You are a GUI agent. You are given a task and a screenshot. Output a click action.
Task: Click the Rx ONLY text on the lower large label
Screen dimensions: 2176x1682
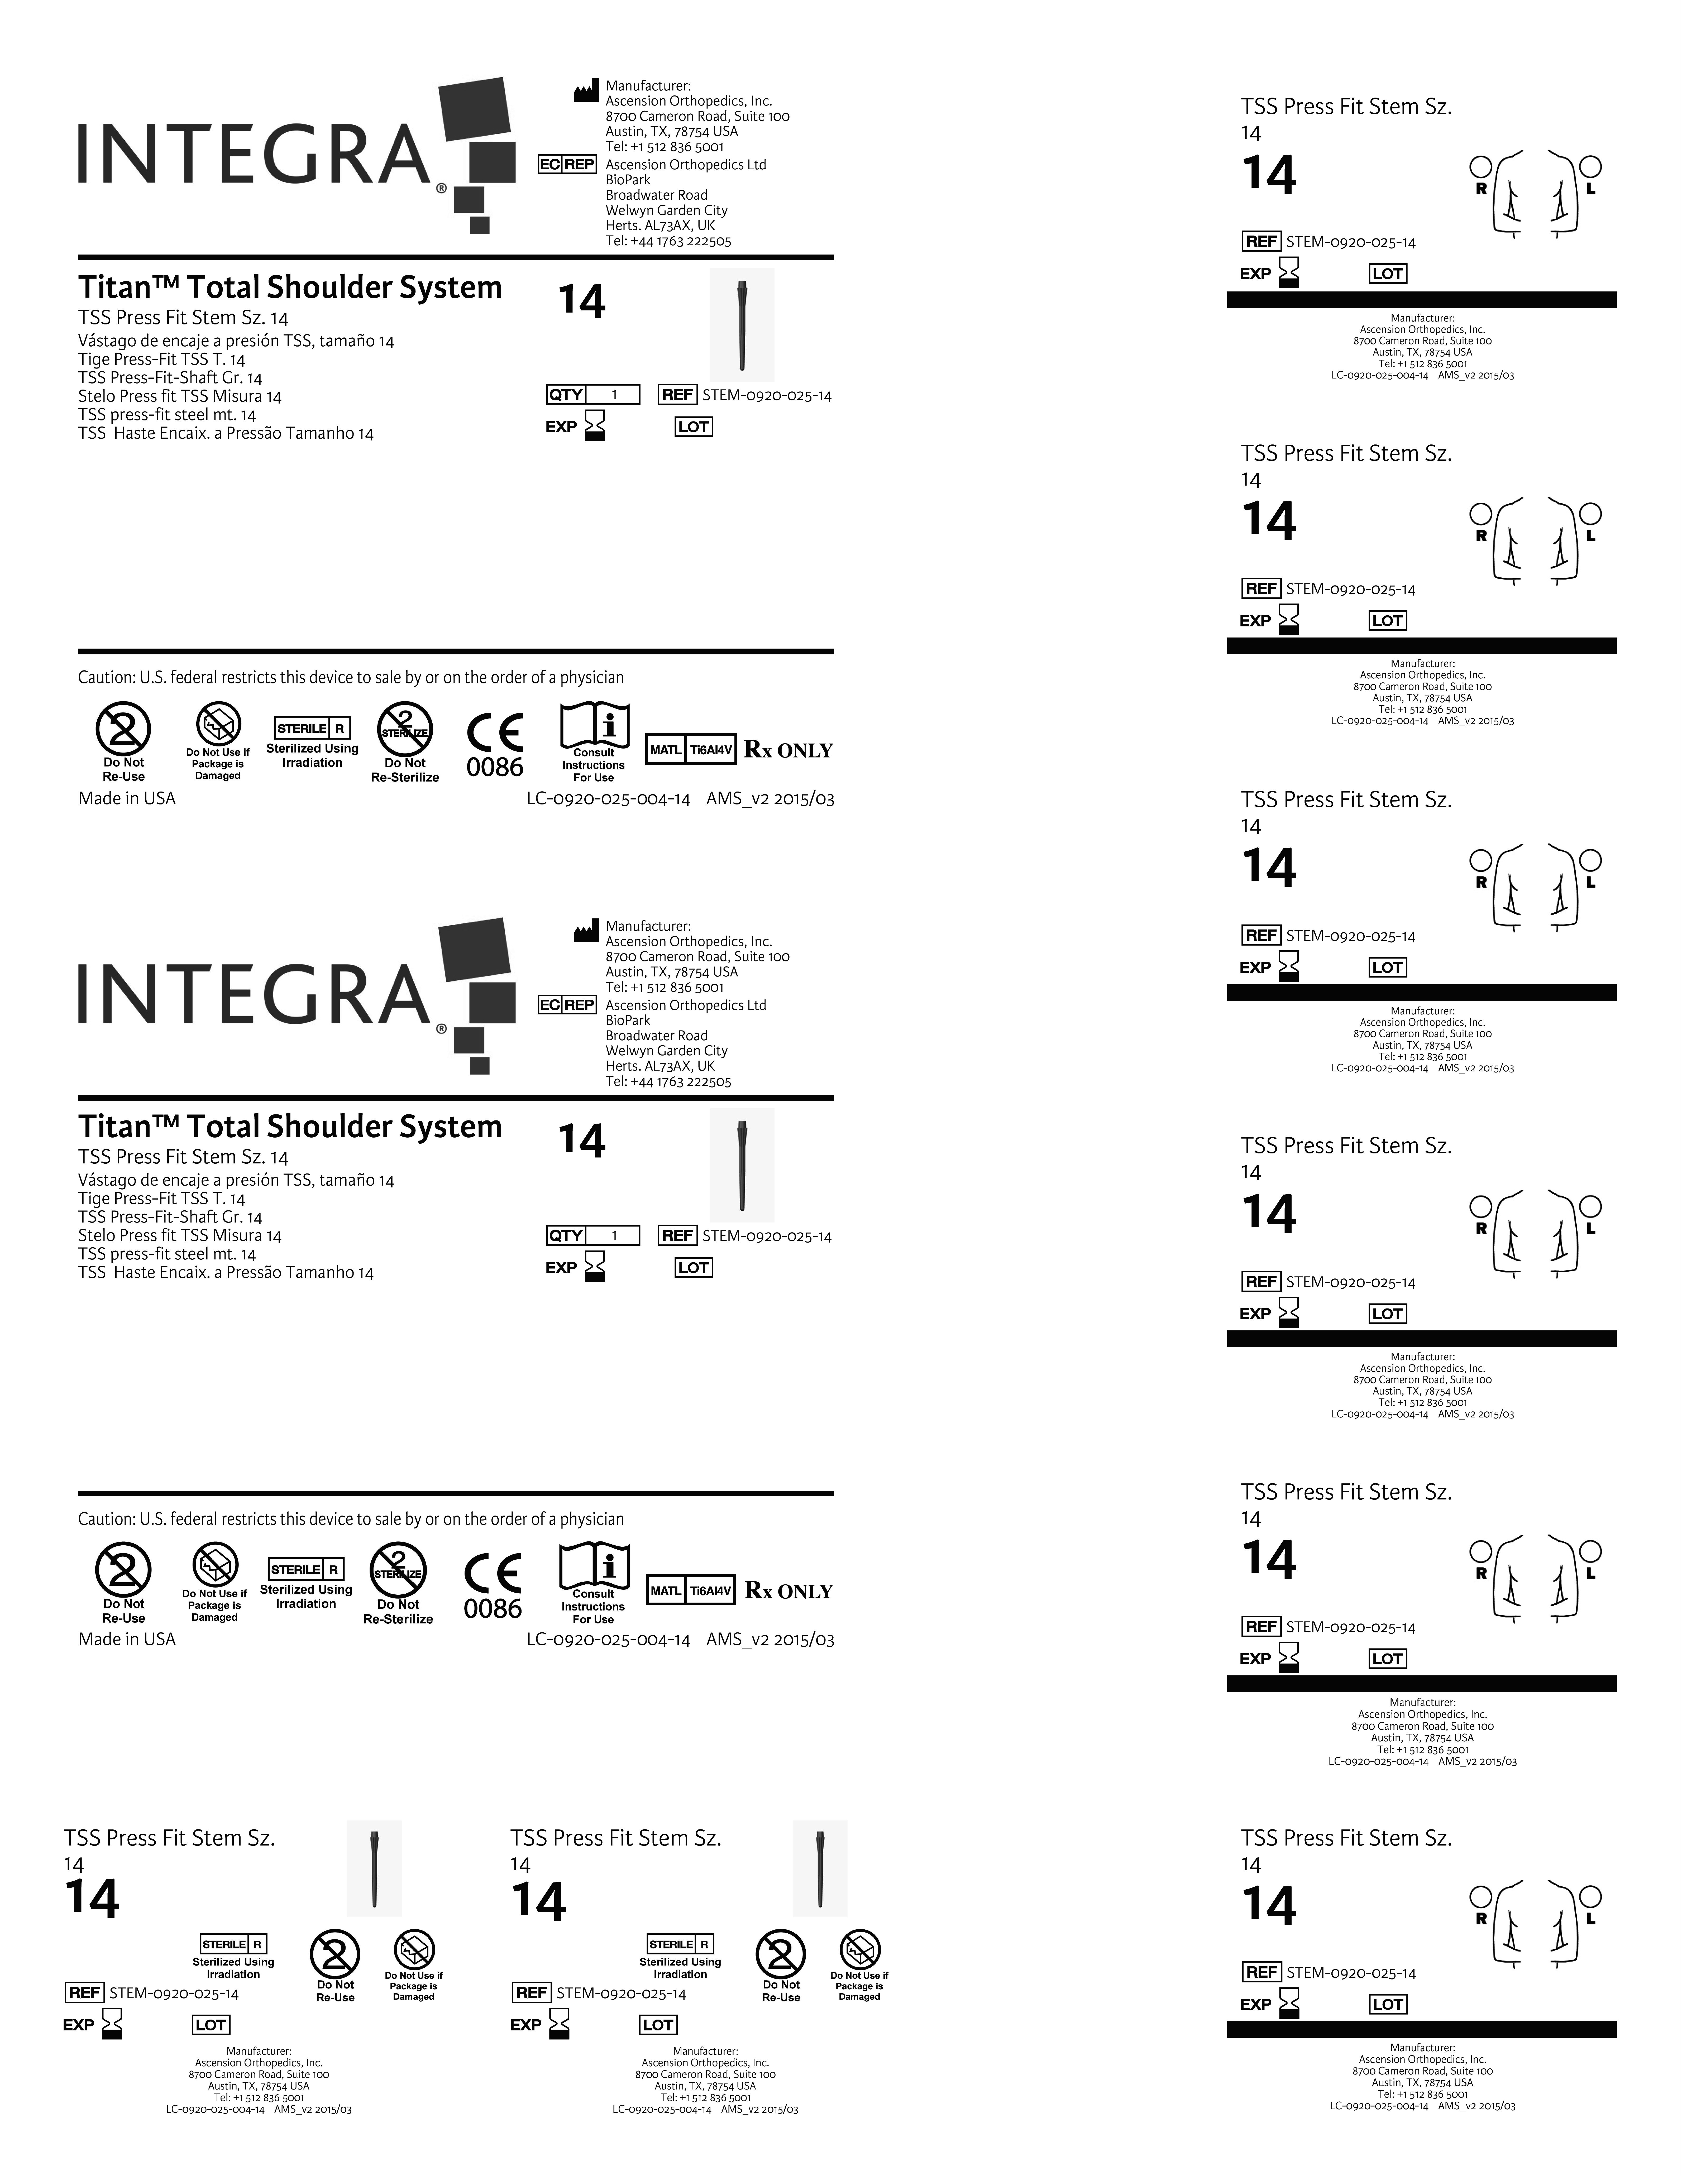788,1591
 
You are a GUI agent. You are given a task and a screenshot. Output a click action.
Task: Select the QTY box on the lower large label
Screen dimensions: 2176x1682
593,1235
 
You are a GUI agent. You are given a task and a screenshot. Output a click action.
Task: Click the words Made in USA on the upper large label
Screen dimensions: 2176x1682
127,798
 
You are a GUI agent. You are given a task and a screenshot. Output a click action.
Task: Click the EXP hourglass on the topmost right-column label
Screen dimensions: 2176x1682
1289,272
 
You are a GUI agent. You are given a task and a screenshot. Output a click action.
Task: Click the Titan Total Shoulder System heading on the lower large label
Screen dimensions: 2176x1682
290,1127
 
